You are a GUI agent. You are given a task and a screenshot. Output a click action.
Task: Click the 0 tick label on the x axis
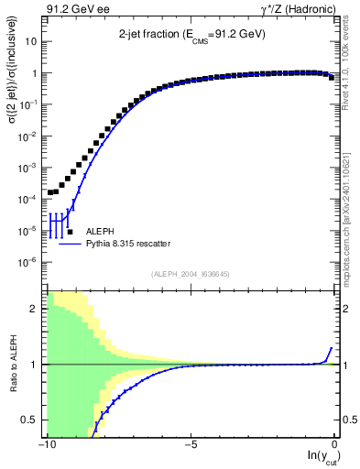(336, 444)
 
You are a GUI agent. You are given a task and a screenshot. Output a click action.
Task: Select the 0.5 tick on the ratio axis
(31, 420)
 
